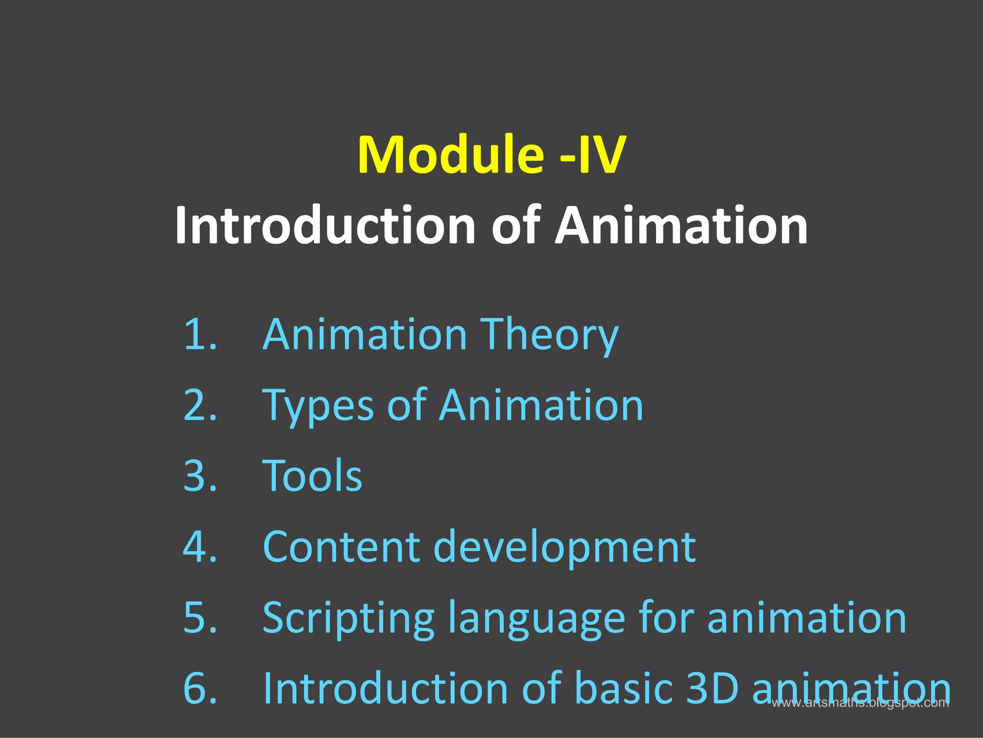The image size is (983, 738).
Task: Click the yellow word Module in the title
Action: (450, 155)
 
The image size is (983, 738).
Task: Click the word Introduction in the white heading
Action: (325, 225)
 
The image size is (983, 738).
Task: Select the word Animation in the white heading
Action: (681, 225)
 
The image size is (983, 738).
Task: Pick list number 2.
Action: (200, 405)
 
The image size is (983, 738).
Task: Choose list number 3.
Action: (200, 476)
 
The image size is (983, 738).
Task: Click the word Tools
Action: (312, 476)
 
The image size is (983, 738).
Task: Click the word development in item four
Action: (564, 547)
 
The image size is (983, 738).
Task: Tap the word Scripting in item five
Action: (348, 619)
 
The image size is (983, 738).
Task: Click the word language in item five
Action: (536, 619)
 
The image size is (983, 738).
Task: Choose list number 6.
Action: (200, 688)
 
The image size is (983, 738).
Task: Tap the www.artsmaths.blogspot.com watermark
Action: (860, 703)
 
